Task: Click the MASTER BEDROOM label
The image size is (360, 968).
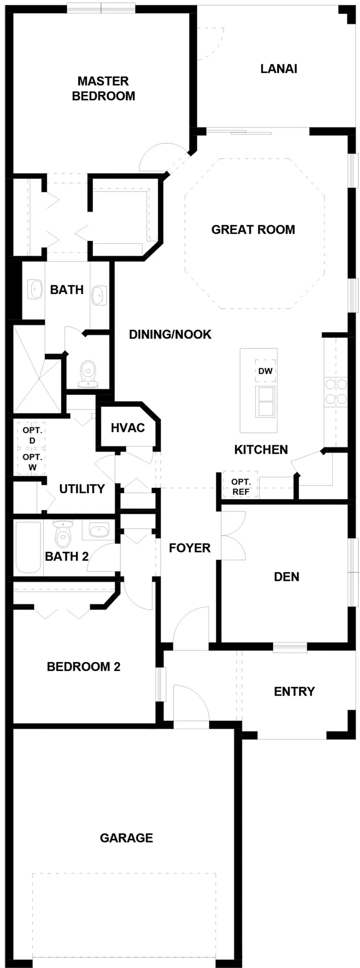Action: [x=103, y=88]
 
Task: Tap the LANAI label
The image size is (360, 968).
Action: [x=279, y=69]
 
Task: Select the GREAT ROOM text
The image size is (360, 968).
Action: [x=253, y=229]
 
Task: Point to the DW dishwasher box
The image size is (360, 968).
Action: [x=265, y=371]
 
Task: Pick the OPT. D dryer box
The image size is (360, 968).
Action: [x=32, y=435]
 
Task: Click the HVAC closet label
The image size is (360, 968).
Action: [x=128, y=427]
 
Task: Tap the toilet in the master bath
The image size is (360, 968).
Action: [x=88, y=374]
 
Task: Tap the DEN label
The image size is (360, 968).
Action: [x=286, y=577]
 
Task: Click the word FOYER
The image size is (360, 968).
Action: [x=190, y=548]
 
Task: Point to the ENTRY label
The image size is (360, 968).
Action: [x=294, y=691]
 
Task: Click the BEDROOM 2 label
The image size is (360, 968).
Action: [x=84, y=667]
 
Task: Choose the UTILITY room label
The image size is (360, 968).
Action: [x=82, y=489]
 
